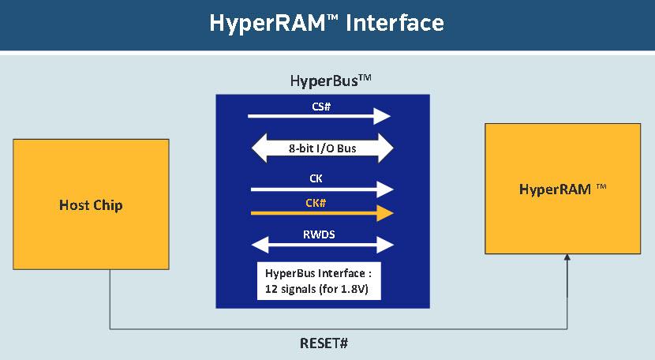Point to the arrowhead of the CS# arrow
(x=383, y=117)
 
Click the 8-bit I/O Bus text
(x=322, y=148)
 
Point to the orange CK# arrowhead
(x=384, y=212)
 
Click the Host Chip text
(x=91, y=206)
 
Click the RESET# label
(x=323, y=344)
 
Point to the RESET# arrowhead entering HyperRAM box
(x=567, y=261)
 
